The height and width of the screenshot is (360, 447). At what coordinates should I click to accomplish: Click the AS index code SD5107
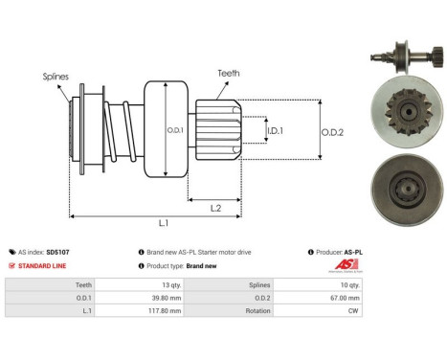(x=56, y=251)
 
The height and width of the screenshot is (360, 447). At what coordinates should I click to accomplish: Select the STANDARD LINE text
(x=47, y=265)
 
